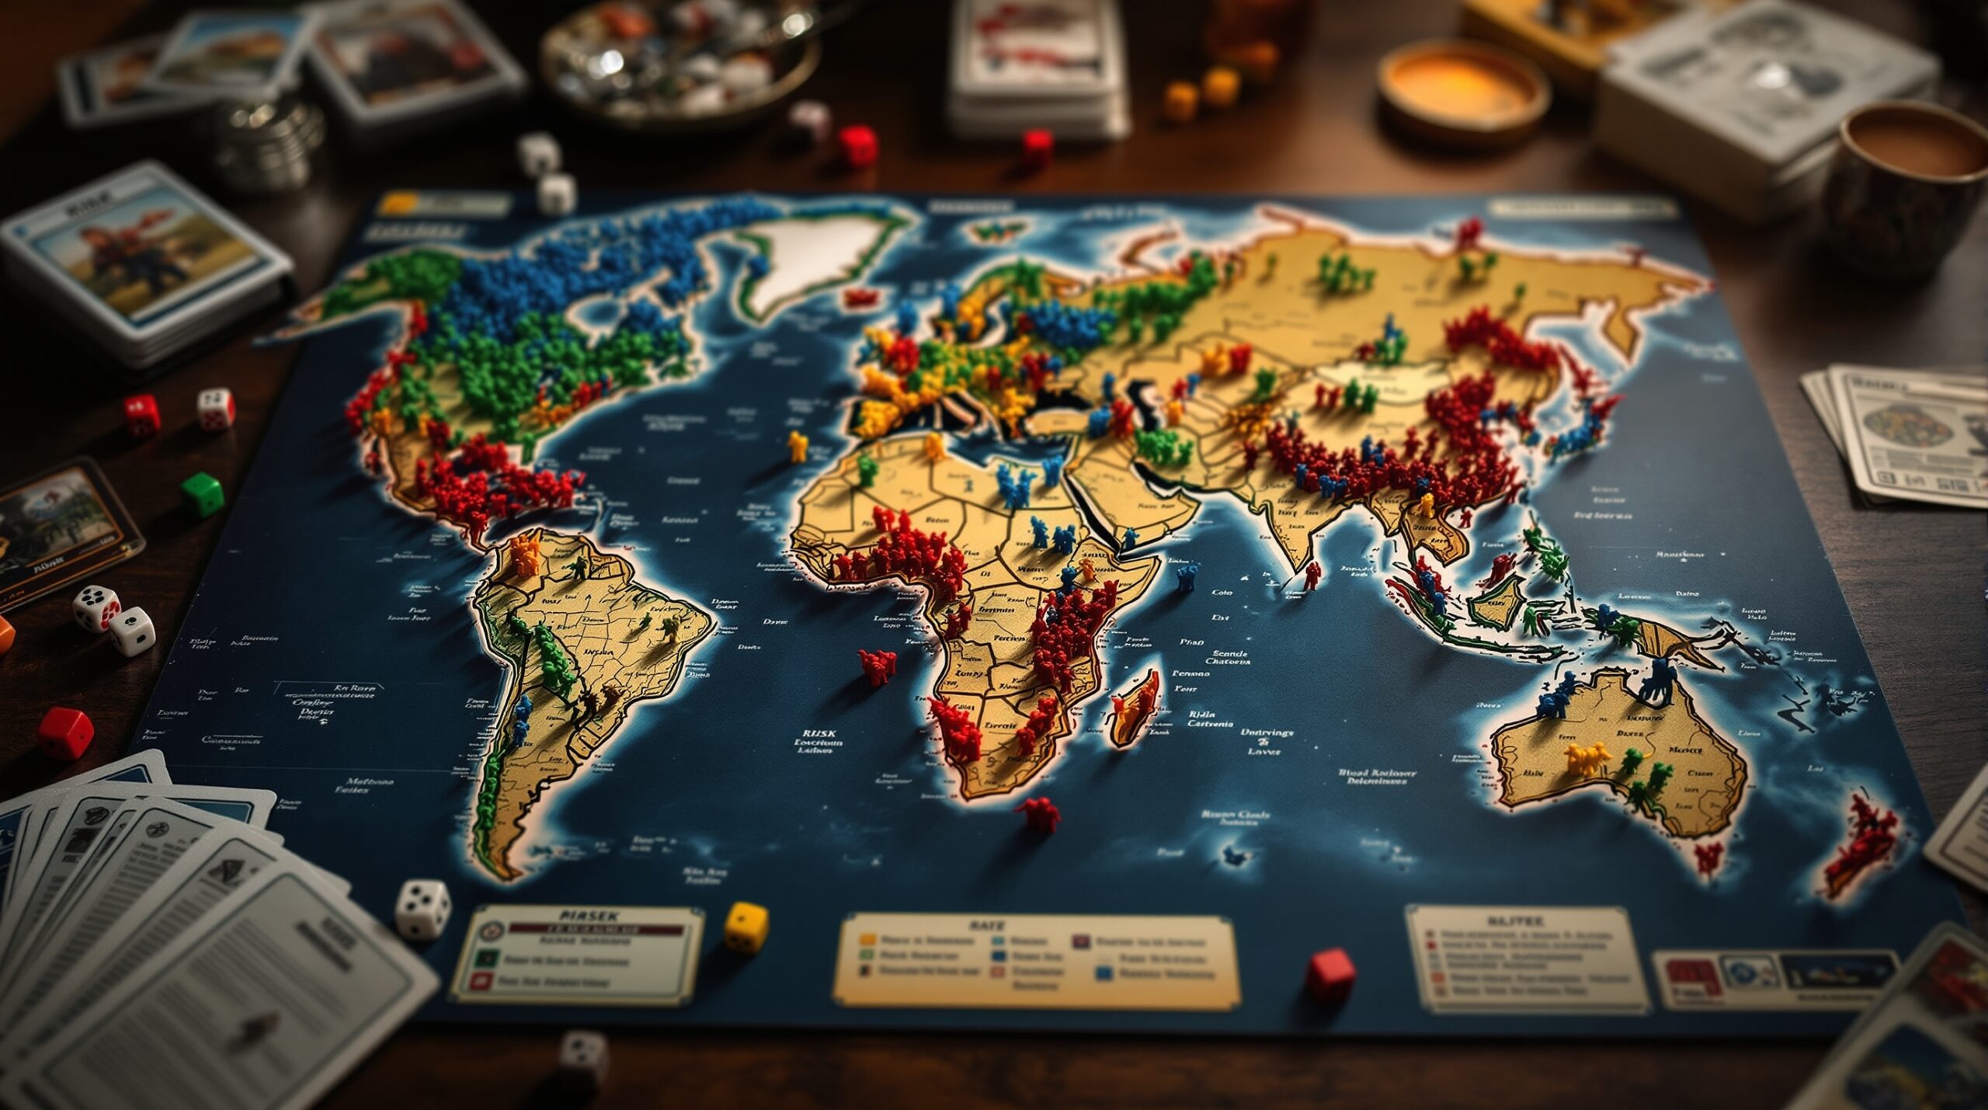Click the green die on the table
pos(203,494)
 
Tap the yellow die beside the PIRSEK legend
pos(746,926)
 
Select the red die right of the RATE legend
pos(1330,974)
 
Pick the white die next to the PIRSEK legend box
pos(423,909)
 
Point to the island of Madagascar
pos(1135,707)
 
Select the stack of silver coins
pos(269,144)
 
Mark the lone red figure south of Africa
pos(1038,814)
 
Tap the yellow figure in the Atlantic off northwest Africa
pos(798,447)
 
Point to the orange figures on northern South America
pos(525,552)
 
